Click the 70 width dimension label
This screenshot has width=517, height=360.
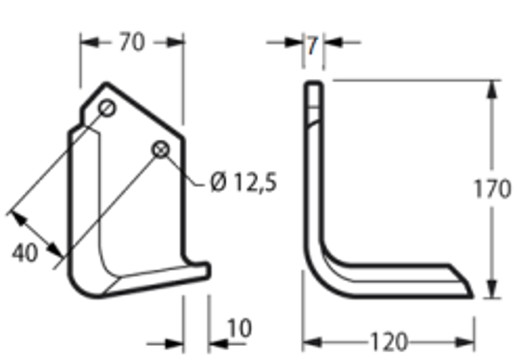[131, 42]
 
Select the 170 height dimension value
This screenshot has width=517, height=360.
[492, 188]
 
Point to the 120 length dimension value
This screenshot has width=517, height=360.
[388, 342]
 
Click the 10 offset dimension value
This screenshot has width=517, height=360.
[239, 329]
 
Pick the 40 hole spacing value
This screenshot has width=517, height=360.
[26, 253]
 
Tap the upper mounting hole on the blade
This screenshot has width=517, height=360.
[106, 108]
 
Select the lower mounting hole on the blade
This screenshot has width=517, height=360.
[161, 149]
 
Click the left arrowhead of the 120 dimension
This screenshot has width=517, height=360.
[309, 342]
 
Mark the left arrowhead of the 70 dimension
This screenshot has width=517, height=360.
[87, 42]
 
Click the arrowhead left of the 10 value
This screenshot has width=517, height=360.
[177, 342]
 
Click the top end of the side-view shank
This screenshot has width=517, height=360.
[314, 84]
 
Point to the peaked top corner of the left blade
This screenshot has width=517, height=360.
[106, 84]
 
